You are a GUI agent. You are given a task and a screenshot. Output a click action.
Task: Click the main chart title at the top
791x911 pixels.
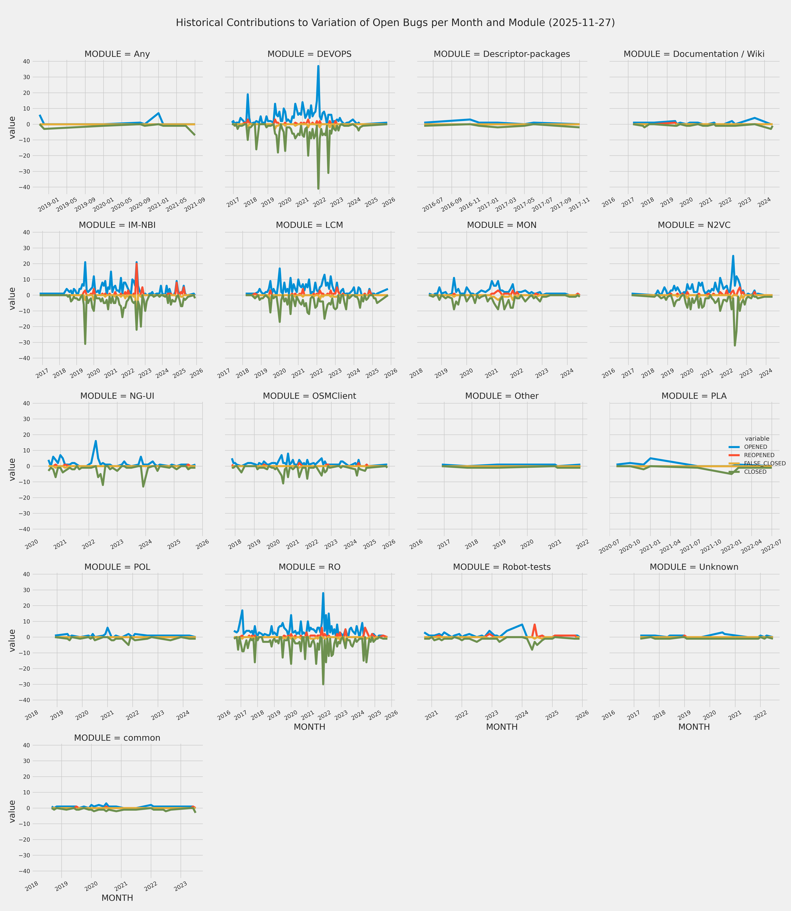pyautogui.click(x=395, y=22)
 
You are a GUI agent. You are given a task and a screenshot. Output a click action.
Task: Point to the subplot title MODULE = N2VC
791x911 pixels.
pyautogui.click(x=694, y=225)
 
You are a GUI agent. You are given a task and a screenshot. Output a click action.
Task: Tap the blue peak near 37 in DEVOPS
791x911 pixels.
pyautogui.click(x=318, y=66)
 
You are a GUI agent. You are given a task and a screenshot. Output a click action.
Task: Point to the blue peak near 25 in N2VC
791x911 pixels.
pyautogui.click(x=733, y=256)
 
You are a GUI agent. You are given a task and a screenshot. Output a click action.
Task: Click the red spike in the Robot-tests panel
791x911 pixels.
pyautogui.click(x=535, y=625)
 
